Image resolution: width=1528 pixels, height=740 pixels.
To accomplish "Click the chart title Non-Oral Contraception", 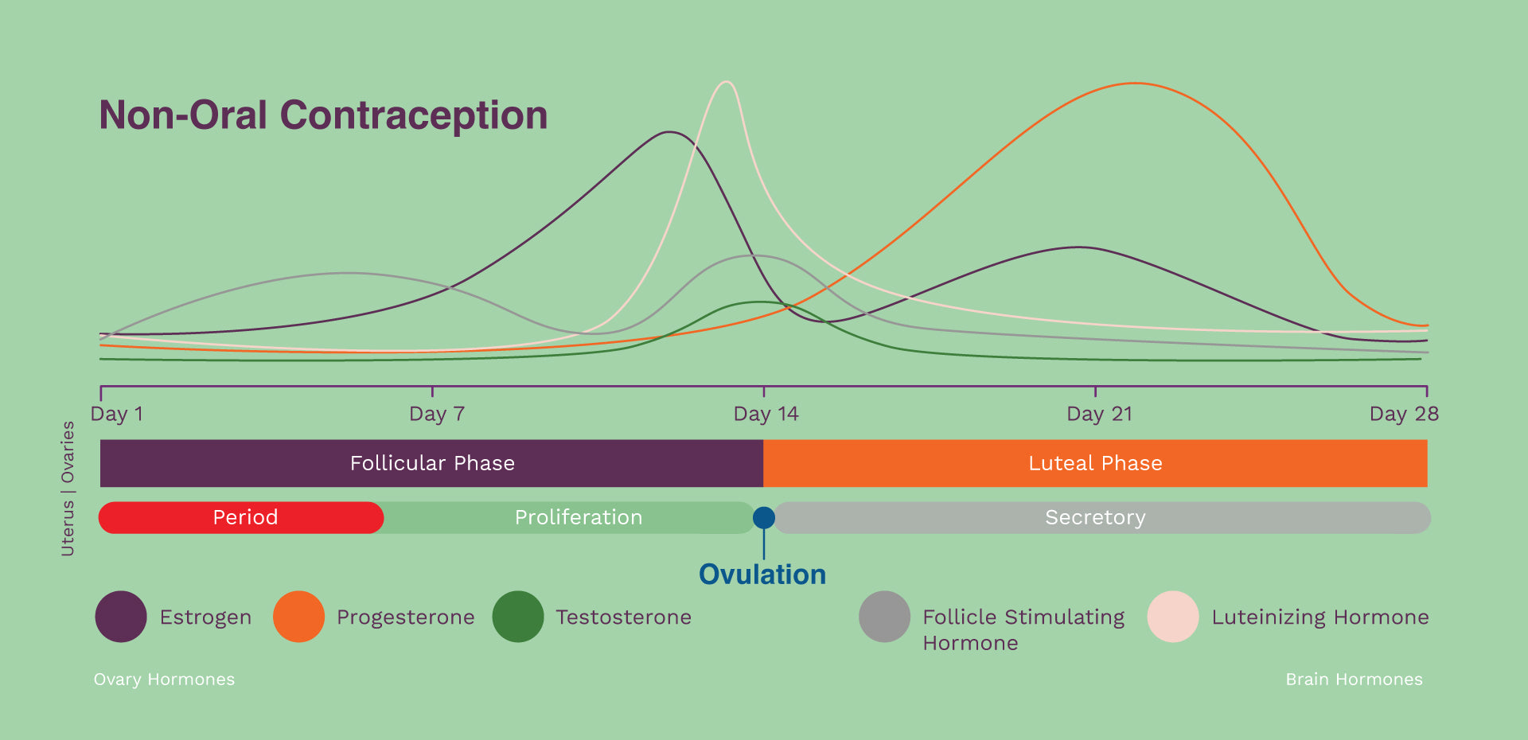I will coord(323,115).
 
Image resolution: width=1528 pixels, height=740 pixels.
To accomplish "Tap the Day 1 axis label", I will coord(117,414).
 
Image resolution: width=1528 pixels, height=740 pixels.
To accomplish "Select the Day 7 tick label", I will coord(436,414).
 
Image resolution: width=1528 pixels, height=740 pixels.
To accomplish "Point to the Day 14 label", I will coord(766,414).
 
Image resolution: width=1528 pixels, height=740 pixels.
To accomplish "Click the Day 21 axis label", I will coord(1099,414).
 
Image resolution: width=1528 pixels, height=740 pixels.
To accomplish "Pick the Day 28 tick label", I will coord(1404,414).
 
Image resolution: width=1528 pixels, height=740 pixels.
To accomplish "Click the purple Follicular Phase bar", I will coord(431,463).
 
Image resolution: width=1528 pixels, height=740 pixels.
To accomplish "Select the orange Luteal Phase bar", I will coord(1095,463).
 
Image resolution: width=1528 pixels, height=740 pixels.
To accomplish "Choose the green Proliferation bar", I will coord(578,517).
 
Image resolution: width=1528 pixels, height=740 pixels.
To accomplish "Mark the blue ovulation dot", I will coord(764,518).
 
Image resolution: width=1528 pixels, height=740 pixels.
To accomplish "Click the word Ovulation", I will coord(762,574).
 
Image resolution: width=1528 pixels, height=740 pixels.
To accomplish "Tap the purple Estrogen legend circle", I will coord(121,617).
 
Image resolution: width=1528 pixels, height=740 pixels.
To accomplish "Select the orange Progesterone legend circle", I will coord(298,617).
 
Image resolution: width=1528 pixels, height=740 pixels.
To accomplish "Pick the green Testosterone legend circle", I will coord(518,617).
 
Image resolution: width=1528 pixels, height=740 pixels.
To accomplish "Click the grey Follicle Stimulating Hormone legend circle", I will coord(884,617).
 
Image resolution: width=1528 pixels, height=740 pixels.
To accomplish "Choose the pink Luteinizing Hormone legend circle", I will coord(1173,617).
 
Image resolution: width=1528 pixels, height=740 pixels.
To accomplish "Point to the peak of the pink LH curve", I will coord(726,82).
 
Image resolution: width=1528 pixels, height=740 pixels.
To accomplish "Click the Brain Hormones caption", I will coord(1354,680).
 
